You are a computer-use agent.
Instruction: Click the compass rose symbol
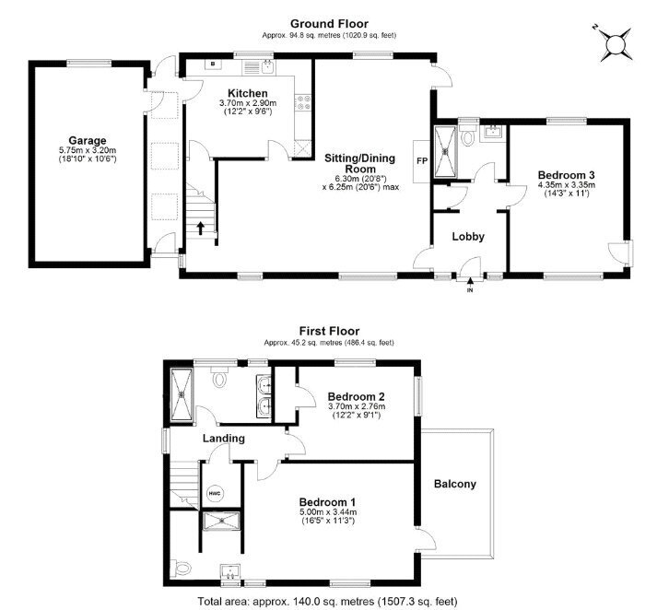[x=616, y=44]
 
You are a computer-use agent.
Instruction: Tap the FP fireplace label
[x=421, y=161]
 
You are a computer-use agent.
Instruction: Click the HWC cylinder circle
[x=215, y=494]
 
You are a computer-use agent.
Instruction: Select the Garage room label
[x=88, y=140]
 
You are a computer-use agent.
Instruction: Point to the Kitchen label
[x=248, y=93]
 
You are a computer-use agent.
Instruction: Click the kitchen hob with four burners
[x=303, y=102]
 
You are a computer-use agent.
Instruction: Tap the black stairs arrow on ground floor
[x=200, y=228]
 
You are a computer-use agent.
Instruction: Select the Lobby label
[x=468, y=236]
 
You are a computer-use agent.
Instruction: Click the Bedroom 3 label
[x=566, y=175]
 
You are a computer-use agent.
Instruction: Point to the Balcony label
[x=455, y=484]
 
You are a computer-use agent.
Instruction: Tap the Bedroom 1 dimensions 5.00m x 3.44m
[x=328, y=512]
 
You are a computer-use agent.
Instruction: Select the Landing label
[x=224, y=438]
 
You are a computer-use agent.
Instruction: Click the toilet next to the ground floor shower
[x=468, y=137]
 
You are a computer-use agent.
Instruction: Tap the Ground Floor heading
[x=329, y=24]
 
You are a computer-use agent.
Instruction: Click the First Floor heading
[x=329, y=331]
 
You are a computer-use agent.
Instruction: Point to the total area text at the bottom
[x=327, y=602]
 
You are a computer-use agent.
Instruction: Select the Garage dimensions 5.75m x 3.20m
[x=88, y=150]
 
